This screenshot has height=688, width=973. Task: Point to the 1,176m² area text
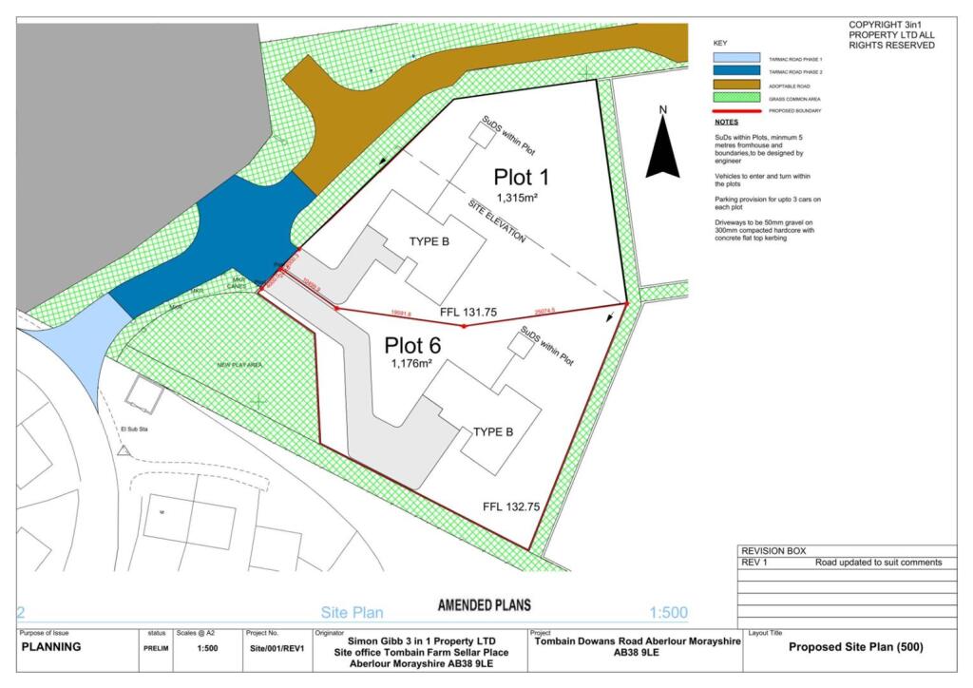point(411,363)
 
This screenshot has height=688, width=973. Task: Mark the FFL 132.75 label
point(511,507)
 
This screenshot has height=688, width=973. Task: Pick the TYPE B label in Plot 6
point(493,432)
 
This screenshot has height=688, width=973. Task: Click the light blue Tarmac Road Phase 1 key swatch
point(736,58)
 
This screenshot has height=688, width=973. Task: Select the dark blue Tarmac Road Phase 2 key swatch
point(736,71)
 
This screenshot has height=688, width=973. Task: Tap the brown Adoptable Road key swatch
point(736,85)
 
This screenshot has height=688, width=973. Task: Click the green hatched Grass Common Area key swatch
point(736,98)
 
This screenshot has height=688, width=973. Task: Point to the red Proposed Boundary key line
point(736,111)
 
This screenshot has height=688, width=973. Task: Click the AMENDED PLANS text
point(484,605)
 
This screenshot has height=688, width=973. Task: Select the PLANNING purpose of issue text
point(53,647)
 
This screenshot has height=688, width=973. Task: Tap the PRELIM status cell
point(156,649)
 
